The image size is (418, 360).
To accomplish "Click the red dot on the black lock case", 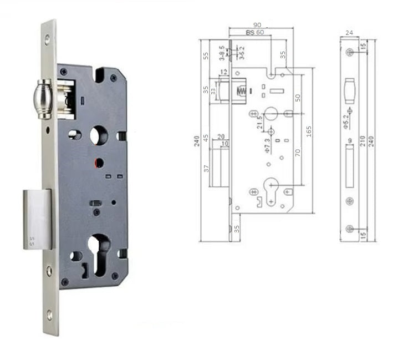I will (98, 162).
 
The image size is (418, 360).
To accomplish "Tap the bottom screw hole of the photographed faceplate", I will (49, 314).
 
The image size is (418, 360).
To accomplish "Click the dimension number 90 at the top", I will (257, 25).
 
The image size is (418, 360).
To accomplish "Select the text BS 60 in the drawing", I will (255, 33).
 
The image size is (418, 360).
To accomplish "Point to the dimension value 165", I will (309, 131).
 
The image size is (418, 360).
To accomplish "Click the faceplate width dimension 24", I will (349, 33).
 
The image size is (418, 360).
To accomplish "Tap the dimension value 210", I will (363, 142).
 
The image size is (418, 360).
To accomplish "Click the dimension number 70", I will (298, 152).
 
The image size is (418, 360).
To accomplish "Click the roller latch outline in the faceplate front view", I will (349, 90).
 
